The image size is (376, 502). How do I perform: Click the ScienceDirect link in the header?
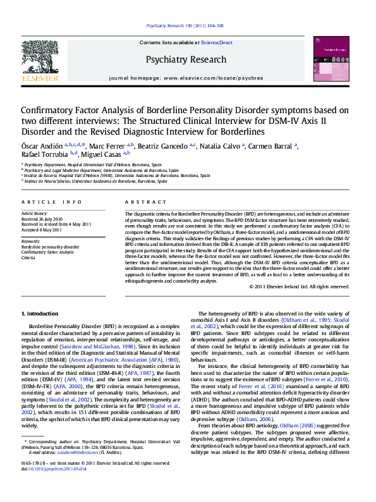pyautogui.click(x=216, y=43)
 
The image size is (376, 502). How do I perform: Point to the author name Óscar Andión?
pyautogui.click(x=40, y=145)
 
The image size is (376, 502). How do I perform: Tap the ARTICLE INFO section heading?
pyautogui.click(x=52, y=201)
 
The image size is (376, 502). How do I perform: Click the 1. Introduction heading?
pyautogui.click(x=40, y=314)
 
